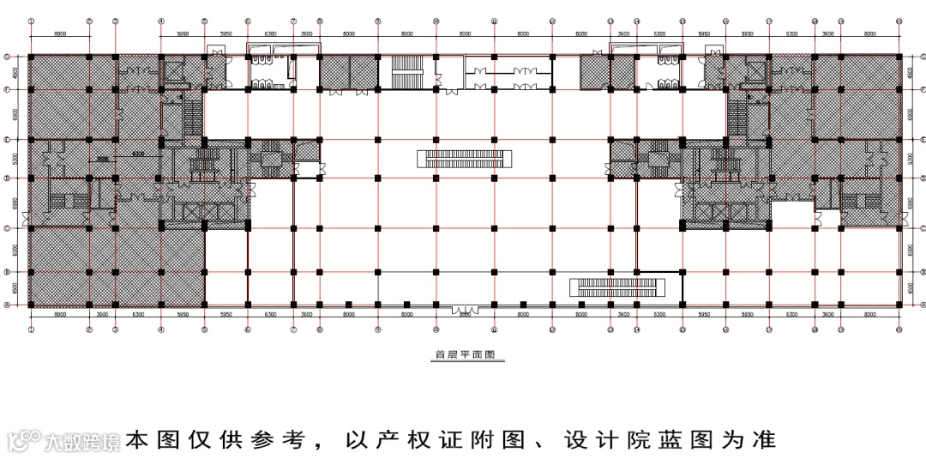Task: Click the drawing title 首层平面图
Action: click(467, 353)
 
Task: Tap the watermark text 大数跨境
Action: click(82, 442)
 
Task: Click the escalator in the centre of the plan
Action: click(465, 158)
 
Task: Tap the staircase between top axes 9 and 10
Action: click(406, 72)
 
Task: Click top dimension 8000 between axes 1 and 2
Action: click(60, 33)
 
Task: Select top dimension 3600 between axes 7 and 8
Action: click(306, 33)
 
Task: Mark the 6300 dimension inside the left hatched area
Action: click(137, 155)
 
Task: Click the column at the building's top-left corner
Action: click(31, 57)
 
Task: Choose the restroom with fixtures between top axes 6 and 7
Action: click(269, 73)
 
